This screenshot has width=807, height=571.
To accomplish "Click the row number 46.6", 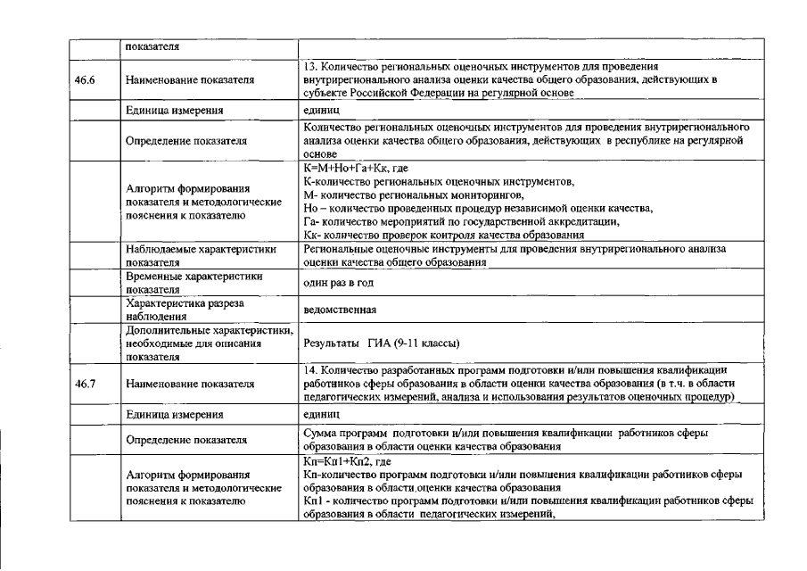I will pos(86,80).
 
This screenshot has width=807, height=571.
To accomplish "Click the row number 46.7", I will pos(86,385).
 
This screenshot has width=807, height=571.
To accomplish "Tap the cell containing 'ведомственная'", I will pos(339,310).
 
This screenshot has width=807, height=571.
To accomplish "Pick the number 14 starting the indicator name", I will pos(309,369).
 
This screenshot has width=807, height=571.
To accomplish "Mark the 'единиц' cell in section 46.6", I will pos(322,111).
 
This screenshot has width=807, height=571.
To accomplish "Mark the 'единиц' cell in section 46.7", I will pos(322,415).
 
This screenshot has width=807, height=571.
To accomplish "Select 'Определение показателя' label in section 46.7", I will pos(185,440).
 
